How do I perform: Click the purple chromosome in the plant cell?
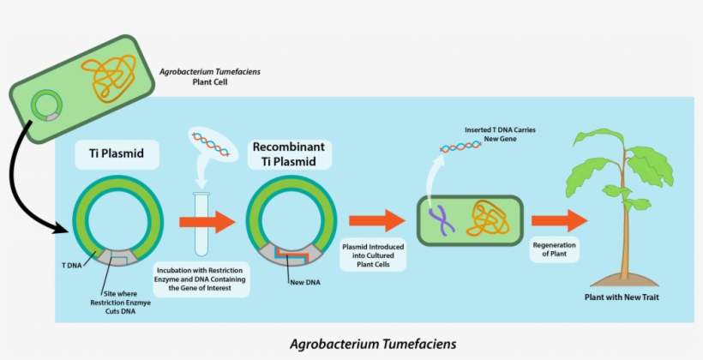443,221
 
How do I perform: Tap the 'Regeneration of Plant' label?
554,249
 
